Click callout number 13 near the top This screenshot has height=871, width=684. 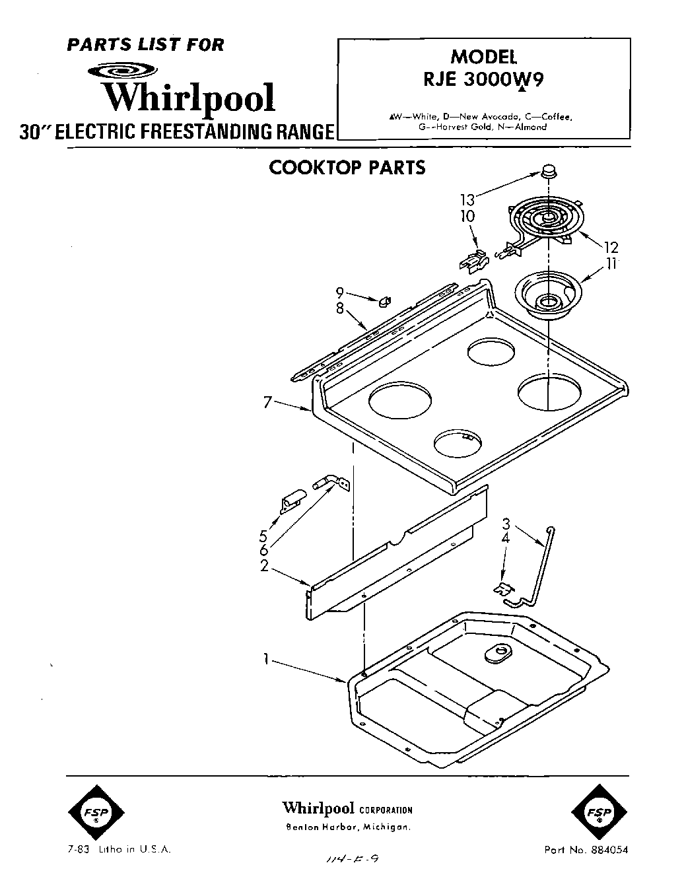(467, 199)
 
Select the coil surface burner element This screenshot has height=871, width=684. (545, 220)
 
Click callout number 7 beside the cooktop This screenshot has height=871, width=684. (267, 401)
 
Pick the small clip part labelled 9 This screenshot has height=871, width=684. (382, 302)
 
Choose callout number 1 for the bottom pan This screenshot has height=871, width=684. (265, 658)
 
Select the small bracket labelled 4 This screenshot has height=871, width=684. (503, 586)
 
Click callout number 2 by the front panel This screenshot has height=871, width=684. (264, 566)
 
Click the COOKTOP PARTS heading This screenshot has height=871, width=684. (347, 168)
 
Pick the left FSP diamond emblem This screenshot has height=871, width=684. (95, 812)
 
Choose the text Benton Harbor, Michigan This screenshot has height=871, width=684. (347, 827)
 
